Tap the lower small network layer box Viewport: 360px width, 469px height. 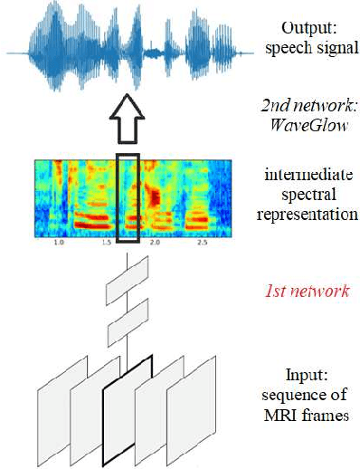click(127, 323)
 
